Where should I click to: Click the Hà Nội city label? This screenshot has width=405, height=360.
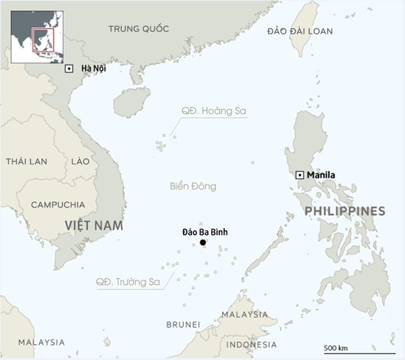94,69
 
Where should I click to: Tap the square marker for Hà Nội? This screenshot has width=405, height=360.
69,69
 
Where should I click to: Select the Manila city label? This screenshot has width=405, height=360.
321,175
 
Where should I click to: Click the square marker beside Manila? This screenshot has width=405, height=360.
299,175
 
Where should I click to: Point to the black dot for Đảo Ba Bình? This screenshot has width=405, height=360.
203,242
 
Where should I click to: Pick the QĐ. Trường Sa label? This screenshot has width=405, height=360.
128,282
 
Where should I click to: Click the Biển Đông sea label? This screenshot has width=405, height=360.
193,186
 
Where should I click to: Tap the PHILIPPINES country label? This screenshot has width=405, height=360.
345,212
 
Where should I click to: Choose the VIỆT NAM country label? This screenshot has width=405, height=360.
94,226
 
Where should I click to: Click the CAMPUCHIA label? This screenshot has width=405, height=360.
58,205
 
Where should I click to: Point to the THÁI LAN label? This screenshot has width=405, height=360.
26,161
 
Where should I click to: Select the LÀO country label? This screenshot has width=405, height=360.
80,161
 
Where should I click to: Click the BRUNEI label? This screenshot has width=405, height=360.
183,324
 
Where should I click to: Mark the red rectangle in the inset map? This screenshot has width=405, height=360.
43,40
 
